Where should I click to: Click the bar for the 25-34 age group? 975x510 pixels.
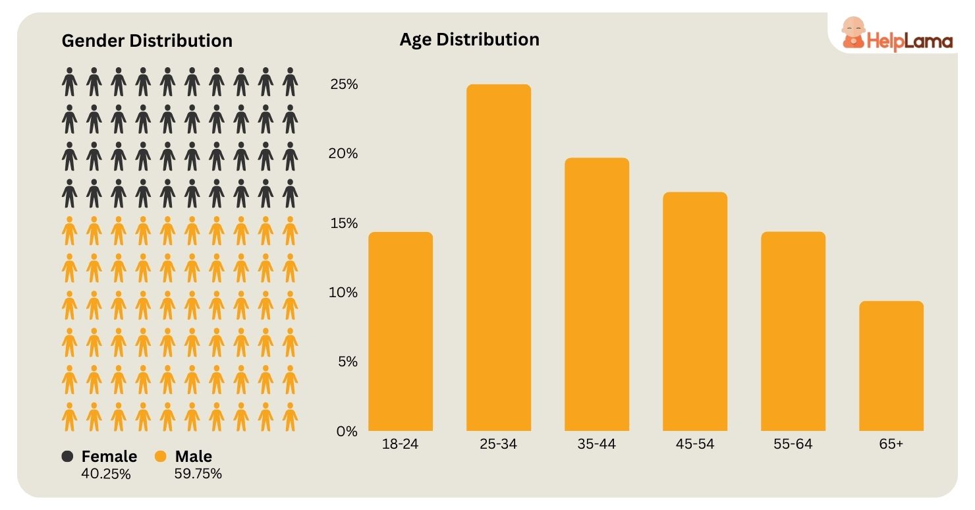coord(498,258)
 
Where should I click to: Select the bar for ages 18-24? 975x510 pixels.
coord(400,331)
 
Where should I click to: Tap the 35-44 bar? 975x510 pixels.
coord(596,295)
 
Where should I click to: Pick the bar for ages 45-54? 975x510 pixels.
coord(694,312)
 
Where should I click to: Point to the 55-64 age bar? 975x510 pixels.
coord(793,331)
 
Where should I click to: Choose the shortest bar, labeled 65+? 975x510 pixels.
coord(891,366)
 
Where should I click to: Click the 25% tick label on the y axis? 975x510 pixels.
coord(344,84)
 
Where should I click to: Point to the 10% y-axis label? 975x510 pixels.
coord(344,292)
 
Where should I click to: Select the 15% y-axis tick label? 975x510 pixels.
coord(344,223)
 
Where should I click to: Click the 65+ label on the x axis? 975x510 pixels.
coord(891,444)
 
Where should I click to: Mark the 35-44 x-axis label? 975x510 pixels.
coord(596,444)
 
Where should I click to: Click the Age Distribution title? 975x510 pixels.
coord(469,40)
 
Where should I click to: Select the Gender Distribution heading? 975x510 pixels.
coord(147,41)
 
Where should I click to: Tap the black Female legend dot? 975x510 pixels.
coord(67,457)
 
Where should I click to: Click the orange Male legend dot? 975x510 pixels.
coord(161,457)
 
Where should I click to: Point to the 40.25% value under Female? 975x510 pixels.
coord(105,474)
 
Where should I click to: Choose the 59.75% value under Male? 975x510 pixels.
coord(198,474)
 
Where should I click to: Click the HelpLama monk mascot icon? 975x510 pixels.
coord(852,32)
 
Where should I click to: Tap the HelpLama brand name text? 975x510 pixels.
coord(910,42)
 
